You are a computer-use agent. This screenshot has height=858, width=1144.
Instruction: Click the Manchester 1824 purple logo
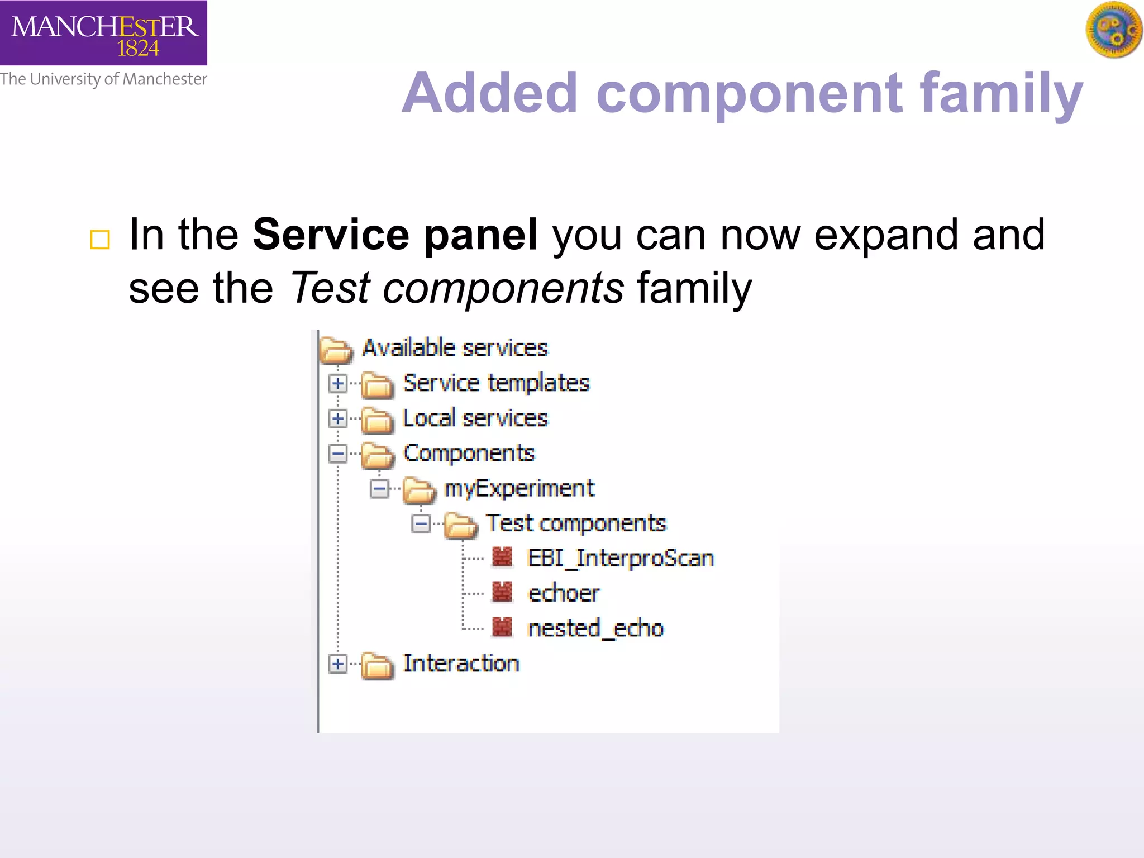coord(103,32)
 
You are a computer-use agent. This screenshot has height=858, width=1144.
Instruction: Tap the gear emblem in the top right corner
coord(1113,30)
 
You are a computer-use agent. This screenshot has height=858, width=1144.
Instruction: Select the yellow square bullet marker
coord(100,240)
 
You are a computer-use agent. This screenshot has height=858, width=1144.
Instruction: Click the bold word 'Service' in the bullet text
coord(331,235)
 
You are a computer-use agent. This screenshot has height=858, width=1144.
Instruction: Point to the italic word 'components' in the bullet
coord(503,288)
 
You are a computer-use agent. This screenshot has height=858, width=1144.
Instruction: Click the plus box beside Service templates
coord(337,383)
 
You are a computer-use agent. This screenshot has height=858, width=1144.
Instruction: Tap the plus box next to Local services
coord(337,418)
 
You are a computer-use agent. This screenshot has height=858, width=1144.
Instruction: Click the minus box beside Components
coord(337,454)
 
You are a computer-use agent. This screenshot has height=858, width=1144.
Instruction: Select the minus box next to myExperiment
coord(379,489)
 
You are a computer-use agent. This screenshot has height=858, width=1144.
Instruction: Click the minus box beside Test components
coord(421,524)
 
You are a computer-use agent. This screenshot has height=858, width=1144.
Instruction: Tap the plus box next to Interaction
coord(337,664)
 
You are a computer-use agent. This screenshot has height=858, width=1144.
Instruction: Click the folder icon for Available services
coord(336,350)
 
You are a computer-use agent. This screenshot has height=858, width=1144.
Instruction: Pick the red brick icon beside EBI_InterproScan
coord(502,557)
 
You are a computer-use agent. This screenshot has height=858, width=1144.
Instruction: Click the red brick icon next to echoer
coord(502,593)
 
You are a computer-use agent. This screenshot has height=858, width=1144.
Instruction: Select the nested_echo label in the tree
coord(595,628)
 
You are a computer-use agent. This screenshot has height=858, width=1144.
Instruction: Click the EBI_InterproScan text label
coord(621,558)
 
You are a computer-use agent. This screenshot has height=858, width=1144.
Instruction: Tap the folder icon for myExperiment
coord(419,490)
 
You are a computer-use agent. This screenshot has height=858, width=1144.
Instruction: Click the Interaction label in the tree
coord(461,664)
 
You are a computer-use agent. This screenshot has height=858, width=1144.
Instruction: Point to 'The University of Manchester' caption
coord(103,79)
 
